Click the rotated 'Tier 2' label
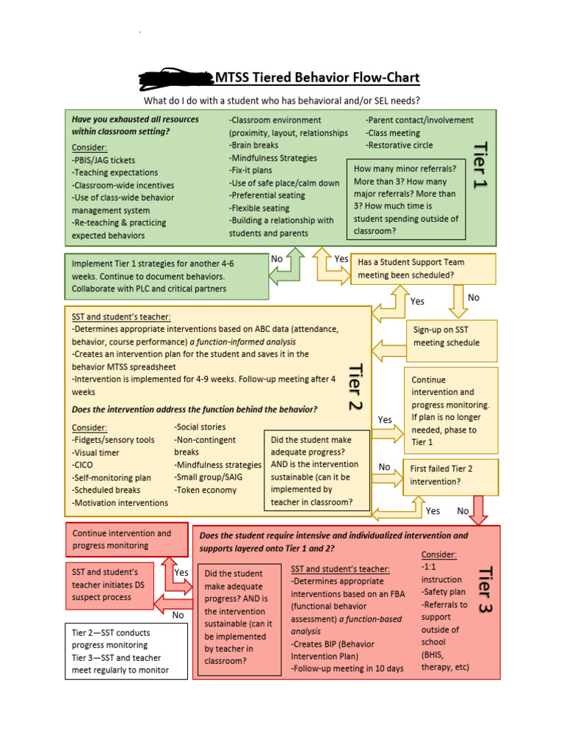pos(356,386)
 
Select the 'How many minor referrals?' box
pos(406,199)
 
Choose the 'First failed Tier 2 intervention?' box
pos(450,475)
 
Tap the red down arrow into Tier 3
pos(479,510)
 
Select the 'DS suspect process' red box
pos(116,585)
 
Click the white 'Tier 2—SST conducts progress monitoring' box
pos(126,651)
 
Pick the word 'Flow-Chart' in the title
pos(386,78)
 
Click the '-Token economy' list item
pos(205,489)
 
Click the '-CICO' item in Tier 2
pos(84,465)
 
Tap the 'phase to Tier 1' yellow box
pos(451,411)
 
